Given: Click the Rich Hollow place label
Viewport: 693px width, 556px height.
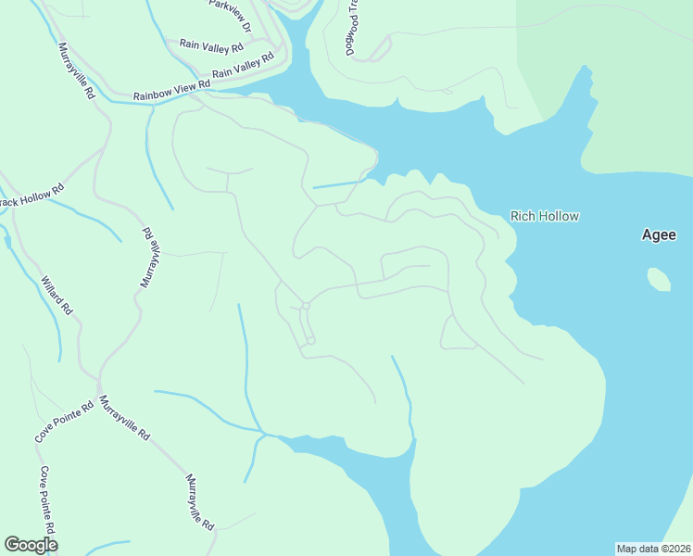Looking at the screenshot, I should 545,217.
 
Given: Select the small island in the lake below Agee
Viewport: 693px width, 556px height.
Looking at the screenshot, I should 659,278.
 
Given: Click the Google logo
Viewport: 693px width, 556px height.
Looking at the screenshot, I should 31,545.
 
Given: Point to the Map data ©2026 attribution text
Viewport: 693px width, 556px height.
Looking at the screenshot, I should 653,548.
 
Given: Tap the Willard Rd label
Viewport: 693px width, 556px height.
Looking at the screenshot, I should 57,294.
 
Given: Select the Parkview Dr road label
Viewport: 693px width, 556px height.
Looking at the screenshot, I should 230,17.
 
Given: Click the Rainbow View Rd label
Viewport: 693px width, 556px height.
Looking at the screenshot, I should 172,89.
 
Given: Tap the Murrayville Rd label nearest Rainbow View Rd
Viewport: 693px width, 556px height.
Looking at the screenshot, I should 77,71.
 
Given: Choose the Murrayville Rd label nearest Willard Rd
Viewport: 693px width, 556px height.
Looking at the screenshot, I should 150,255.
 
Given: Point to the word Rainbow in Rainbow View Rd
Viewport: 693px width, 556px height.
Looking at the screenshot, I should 154,93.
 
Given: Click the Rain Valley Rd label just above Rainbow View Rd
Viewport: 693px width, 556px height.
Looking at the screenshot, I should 244,66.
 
